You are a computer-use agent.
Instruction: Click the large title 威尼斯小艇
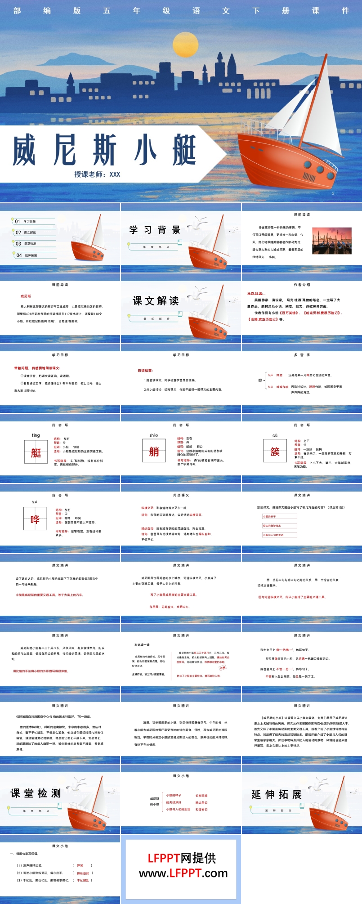pyautogui.click(x=104, y=151)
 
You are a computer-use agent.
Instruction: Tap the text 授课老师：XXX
pyautogui.click(x=97, y=174)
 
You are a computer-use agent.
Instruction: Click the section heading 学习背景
pyautogui.click(x=155, y=230)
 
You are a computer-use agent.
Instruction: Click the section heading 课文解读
pyautogui.click(x=156, y=301)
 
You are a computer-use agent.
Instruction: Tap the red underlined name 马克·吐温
pyautogui.click(x=255, y=293)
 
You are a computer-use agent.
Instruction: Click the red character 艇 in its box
pyautogui.click(x=36, y=452)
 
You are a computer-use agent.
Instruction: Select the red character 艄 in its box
pyautogui.click(x=154, y=452)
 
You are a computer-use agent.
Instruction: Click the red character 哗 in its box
pyautogui.click(x=35, y=519)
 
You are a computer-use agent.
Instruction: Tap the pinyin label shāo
pyautogui.click(x=154, y=435)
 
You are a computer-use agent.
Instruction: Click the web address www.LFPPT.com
pyautogui.click(x=183, y=873)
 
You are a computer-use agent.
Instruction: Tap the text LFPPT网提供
pyautogui.click(x=182, y=858)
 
